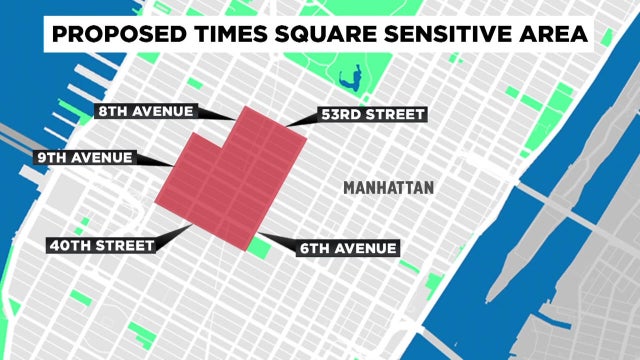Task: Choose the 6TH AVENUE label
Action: [348, 247]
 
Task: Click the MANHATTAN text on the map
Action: [388, 187]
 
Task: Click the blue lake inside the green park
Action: [351, 75]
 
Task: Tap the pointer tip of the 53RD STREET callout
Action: [286, 127]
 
